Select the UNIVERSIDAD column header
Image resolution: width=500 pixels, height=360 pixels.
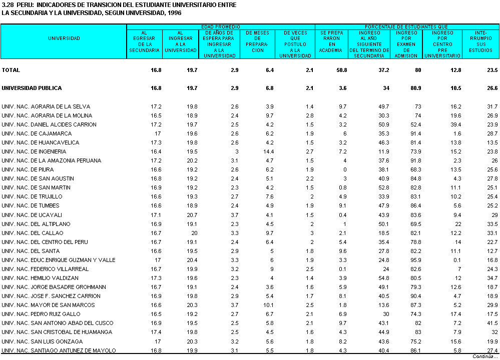(64, 38)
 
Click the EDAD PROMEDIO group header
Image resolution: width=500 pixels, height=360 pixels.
(220, 26)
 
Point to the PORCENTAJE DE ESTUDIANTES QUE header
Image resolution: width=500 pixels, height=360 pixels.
(406, 26)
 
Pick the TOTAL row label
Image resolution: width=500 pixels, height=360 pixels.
(11, 70)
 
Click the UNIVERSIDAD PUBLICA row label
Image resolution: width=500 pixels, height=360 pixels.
(32, 88)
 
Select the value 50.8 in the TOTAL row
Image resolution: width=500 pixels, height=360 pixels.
(341, 70)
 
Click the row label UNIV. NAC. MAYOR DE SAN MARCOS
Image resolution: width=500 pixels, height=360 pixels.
(49, 305)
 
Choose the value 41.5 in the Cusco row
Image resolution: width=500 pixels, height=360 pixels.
(492, 323)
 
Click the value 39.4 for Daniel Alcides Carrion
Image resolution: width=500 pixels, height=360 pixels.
(454, 124)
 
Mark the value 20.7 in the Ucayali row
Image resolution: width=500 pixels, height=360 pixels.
(192, 214)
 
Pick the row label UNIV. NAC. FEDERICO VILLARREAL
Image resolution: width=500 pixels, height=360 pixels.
(45, 269)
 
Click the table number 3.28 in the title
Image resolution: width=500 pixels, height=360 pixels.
(8, 4)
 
